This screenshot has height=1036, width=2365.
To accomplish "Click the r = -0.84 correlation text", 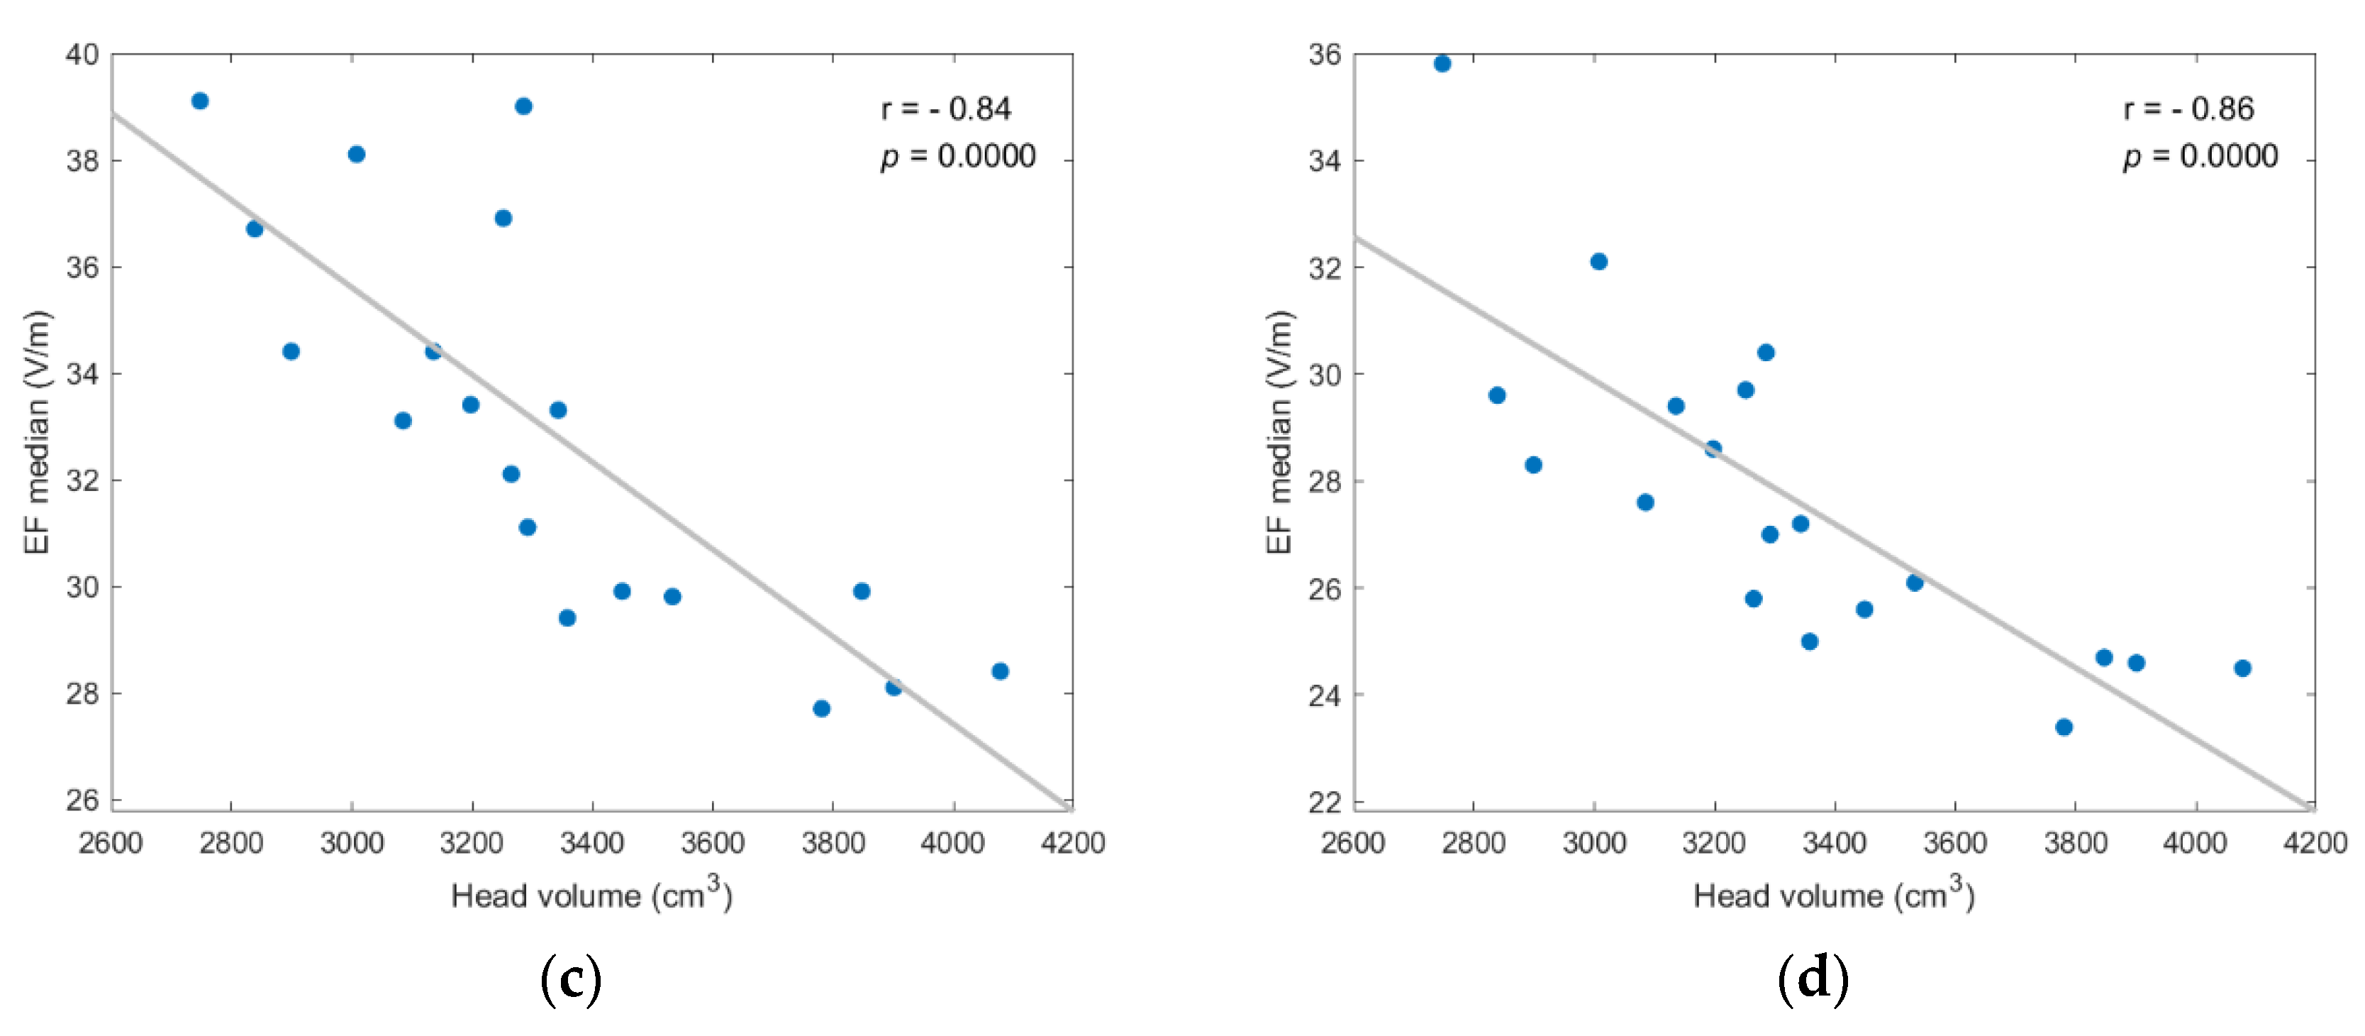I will tap(945, 109).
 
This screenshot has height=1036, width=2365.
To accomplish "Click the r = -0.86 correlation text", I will tap(2188, 109).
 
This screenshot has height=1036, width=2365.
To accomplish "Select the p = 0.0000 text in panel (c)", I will tap(957, 156).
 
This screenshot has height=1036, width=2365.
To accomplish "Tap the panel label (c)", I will tap(571, 979).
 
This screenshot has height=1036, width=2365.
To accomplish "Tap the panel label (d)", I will tap(1813, 979).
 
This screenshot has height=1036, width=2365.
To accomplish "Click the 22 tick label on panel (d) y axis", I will tap(1325, 802).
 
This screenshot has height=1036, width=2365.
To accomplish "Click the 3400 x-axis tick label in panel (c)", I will tap(592, 843).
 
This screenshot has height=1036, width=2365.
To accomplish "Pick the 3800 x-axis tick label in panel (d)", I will tap(2075, 843).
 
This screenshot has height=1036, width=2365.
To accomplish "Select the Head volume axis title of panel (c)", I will tap(591, 895).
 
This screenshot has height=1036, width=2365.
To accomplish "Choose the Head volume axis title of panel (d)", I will tap(1833, 895).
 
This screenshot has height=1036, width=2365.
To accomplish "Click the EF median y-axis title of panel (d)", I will tap(1279, 431).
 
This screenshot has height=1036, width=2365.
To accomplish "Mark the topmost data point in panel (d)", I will tap(1442, 63).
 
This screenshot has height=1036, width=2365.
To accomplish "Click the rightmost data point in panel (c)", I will tap(1000, 671).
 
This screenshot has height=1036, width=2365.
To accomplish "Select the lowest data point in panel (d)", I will tap(2064, 727).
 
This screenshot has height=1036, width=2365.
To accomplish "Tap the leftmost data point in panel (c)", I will tap(200, 101).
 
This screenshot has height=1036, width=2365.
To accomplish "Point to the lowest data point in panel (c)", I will tap(822, 708).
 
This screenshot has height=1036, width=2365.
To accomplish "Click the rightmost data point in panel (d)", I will tap(2243, 668).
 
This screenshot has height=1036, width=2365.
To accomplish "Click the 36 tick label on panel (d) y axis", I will tap(1325, 54).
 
